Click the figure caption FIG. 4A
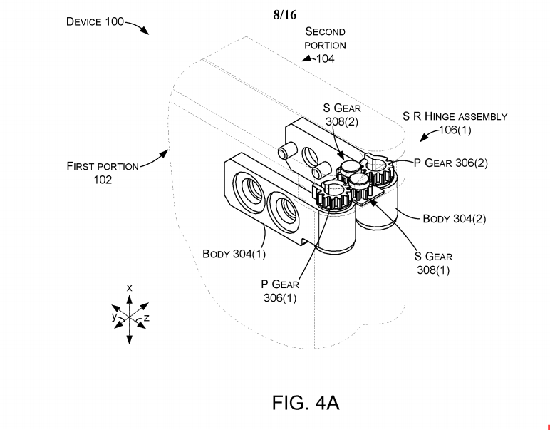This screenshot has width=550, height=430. (x=306, y=403)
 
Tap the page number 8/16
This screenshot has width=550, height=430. (x=285, y=14)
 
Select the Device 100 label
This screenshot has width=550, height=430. (x=95, y=22)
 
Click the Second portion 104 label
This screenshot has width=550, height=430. (x=325, y=45)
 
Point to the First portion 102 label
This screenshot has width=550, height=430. (x=103, y=173)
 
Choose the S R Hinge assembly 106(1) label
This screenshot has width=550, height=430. (x=455, y=123)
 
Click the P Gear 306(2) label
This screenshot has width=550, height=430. (x=451, y=163)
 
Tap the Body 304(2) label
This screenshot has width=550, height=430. (x=455, y=219)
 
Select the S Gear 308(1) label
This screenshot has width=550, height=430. (x=433, y=263)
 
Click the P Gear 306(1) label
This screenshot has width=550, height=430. (x=280, y=291)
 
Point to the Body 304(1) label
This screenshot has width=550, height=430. (x=234, y=253)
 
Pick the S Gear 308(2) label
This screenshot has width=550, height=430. (x=342, y=114)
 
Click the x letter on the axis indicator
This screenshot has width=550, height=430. (x=130, y=288)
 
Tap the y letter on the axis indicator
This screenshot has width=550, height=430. (x=114, y=317)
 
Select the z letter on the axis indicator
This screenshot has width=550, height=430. (x=147, y=318)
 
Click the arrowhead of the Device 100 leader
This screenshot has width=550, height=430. (x=145, y=31)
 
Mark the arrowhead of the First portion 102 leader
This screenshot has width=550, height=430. (x=165, y=154)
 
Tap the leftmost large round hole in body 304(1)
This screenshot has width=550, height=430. (x=249, y=193)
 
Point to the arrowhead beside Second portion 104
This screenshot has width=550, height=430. (x=307, y=58)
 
